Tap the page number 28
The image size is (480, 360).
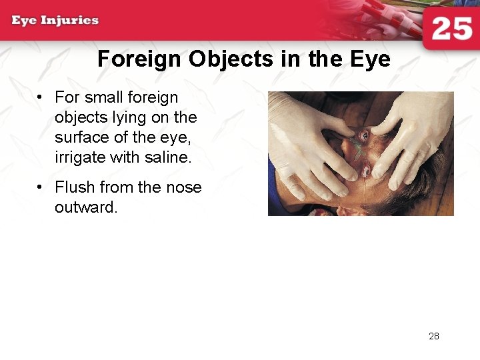click(x=434, y=336)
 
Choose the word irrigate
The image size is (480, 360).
click(x=80, y=157)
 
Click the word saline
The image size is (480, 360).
click(x=171, y=157)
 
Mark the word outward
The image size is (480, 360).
click(x=86, y=207)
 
